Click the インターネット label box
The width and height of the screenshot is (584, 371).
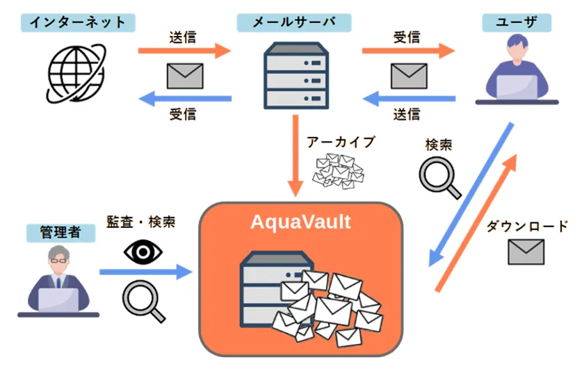[77, 22]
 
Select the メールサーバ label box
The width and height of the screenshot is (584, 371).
[293, 22]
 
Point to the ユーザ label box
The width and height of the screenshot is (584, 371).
[517, 22]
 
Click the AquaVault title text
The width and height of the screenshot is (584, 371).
[300, 222]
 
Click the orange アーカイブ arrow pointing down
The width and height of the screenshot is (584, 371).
[297, 160]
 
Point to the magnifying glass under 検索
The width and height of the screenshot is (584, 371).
[439, 177]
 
